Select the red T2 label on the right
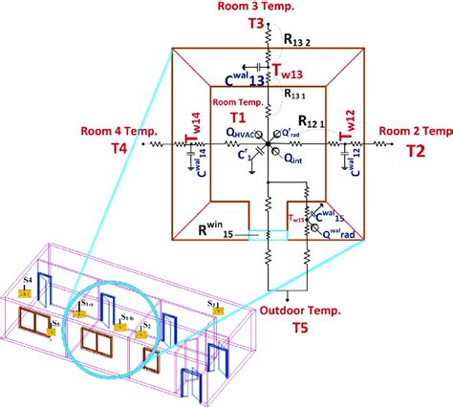pos(415,151)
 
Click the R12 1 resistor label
pos(311,122)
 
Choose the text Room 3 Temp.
pos(284,8)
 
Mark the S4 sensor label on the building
pos(28,280)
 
